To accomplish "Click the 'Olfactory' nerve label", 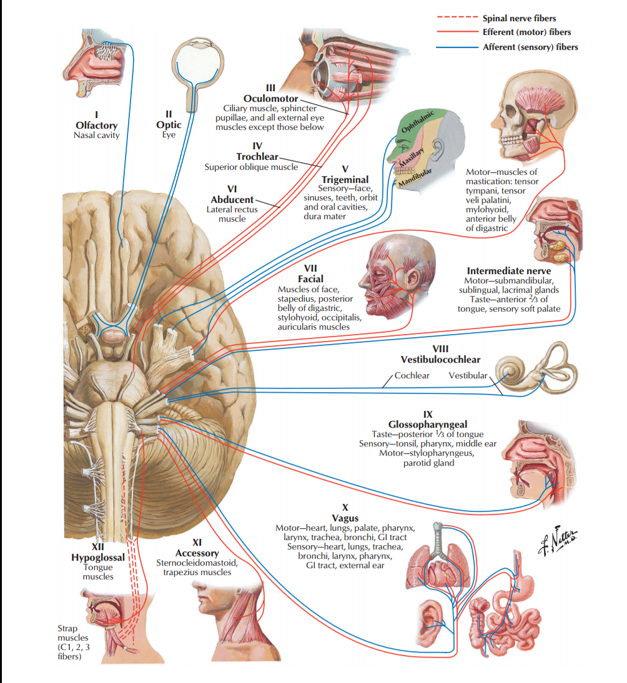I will pyautogui.click(x=96, y=125).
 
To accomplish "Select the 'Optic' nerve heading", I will pyautogui.click(x=169, y=124).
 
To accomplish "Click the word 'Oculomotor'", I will pyautogui.click(x=270, y=99).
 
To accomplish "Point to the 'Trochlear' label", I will pyautogui.click(x=257, y=156).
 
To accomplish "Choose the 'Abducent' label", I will pyautogui.click(x=232, y=200).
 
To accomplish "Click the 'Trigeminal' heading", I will pyautogui.click(x=345, y=179).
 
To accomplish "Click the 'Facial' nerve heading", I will pyautogui.click(x=310, y=279).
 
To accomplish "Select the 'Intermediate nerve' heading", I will pyautogui.click(x=509, y=271).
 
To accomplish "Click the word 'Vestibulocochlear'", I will pyautogui.click(x=440, y=360).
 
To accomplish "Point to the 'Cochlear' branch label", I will pyautogui.click(x=412, y=375).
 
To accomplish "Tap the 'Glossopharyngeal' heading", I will pyautogui.click(x=427, y=425).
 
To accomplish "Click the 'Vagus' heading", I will pyautogui.click(x=345, y=518).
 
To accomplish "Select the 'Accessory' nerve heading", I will pyautogui.click(x=197, y=553).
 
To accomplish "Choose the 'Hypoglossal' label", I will pyautogui.click(x=98, y=557).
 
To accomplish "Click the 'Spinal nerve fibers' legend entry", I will pyautogui.click(x=519, y=19).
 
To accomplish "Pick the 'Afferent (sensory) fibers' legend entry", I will pyautogui.click(x=530, y=47).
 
